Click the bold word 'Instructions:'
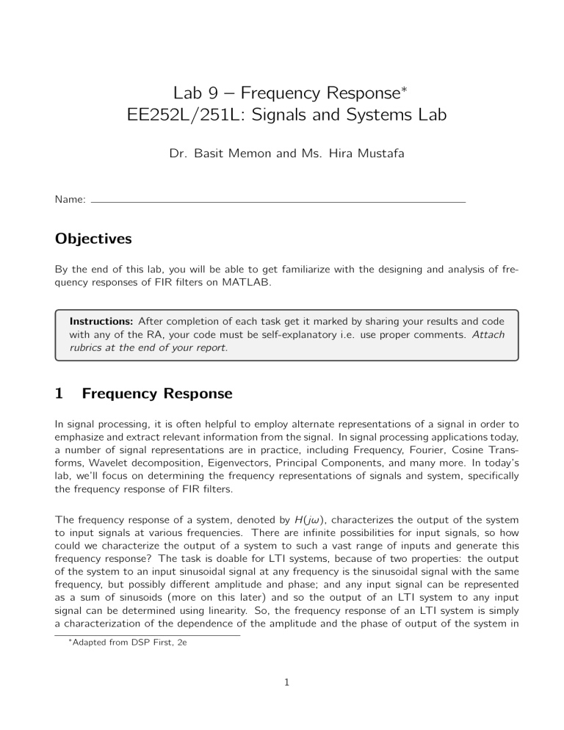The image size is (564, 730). [98, 321]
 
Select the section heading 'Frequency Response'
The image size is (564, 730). [157, 394]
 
